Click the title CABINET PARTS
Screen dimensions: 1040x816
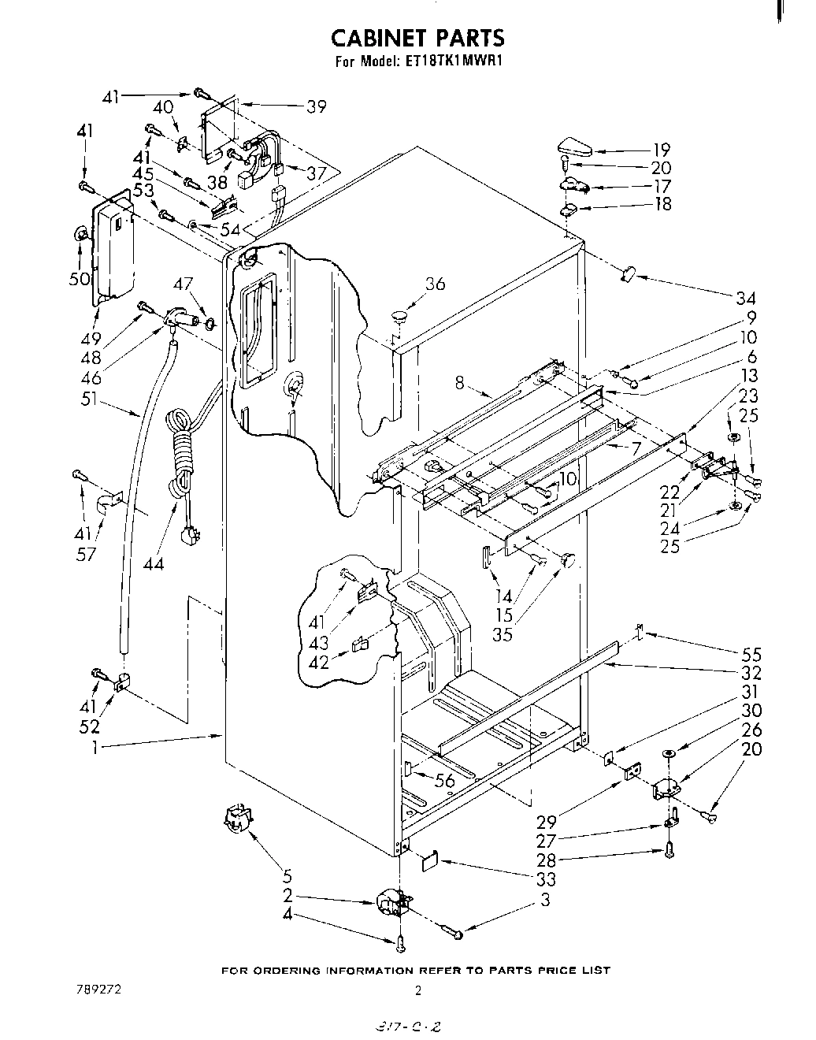click(x=417, y=38)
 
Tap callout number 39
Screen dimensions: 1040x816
click(x=316, y=106)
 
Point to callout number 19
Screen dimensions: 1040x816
click(x=661, y=149)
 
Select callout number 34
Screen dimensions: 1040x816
click(x=745, y=298)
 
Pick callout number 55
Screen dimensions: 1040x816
click(x=751, y=653)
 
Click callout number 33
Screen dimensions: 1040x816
click(x=545, y=879)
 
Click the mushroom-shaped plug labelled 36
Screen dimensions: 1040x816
click(x=399, y=316)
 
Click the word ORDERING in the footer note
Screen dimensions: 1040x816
click(x=290, y=970)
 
